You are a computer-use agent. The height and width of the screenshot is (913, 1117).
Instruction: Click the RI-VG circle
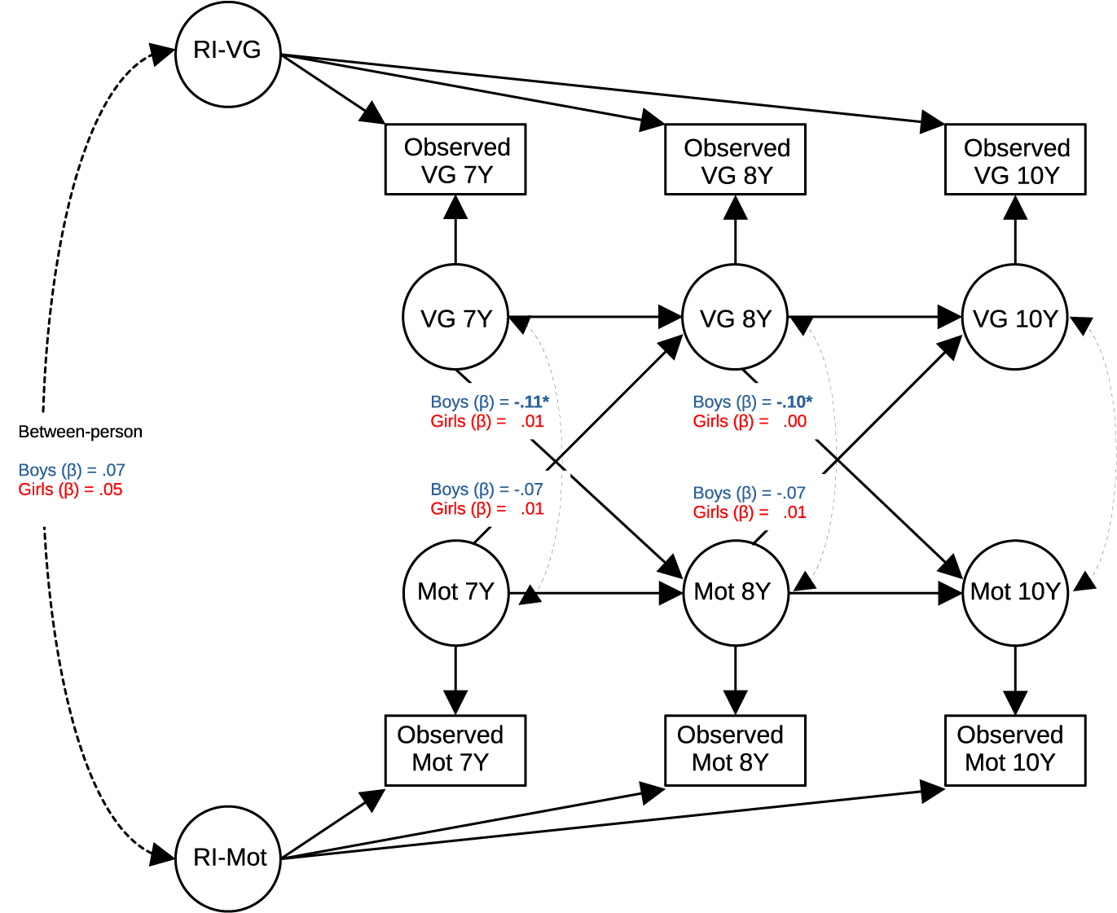click(x=228, y=54)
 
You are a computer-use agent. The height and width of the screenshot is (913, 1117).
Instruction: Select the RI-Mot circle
click(x=228, y=858)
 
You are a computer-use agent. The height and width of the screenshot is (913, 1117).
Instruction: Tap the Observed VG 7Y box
click(x=455, y=160)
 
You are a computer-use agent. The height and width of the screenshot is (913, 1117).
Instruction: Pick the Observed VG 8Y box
click(x=735, y=160)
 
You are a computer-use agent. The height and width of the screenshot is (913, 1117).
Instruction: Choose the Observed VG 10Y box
click(x=1015, y=160)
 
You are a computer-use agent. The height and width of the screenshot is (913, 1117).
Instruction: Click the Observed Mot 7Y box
click(x=455, y=750)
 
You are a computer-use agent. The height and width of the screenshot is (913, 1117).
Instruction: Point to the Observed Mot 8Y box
click(x=735, y=750)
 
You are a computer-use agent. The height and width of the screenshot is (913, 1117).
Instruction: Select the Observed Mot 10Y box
click(x=1015, y=750)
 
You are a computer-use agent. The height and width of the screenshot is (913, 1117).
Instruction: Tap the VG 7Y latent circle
click(x=455, y=318)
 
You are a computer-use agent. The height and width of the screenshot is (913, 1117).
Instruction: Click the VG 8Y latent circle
click(x=735, y=318)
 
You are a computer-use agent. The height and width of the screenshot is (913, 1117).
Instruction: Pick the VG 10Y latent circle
click(x=1015, y=318)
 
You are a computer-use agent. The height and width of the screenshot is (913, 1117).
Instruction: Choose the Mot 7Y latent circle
click(x=455, y=592)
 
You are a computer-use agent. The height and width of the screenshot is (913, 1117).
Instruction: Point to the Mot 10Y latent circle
click(x=1015, y=592)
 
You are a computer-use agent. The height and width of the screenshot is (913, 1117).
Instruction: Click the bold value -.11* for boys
click(x=531, y=402)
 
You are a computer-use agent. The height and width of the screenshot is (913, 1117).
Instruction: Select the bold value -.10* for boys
click(x=794, y=402)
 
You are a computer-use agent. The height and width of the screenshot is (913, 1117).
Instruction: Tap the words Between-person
click(x=80, y=432)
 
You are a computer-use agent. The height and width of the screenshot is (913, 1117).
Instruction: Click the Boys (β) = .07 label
click(x=72, y=470)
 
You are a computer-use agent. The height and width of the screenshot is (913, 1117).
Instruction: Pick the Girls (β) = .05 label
click(x=70, y=489)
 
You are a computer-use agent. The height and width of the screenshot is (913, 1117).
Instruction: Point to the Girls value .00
click(x=794, y=421)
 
